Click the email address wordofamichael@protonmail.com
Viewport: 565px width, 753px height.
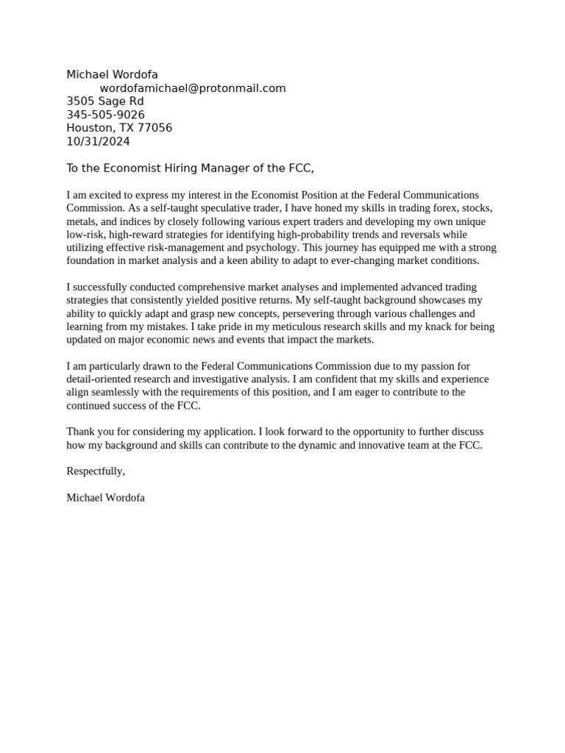193,88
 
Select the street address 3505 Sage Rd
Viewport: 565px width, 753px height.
105,101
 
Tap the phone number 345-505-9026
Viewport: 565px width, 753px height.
105,115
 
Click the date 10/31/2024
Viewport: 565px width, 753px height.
98,141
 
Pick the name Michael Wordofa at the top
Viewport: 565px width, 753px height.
112,75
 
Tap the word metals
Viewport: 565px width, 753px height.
81,221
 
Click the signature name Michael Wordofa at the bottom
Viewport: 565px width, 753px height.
105,498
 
